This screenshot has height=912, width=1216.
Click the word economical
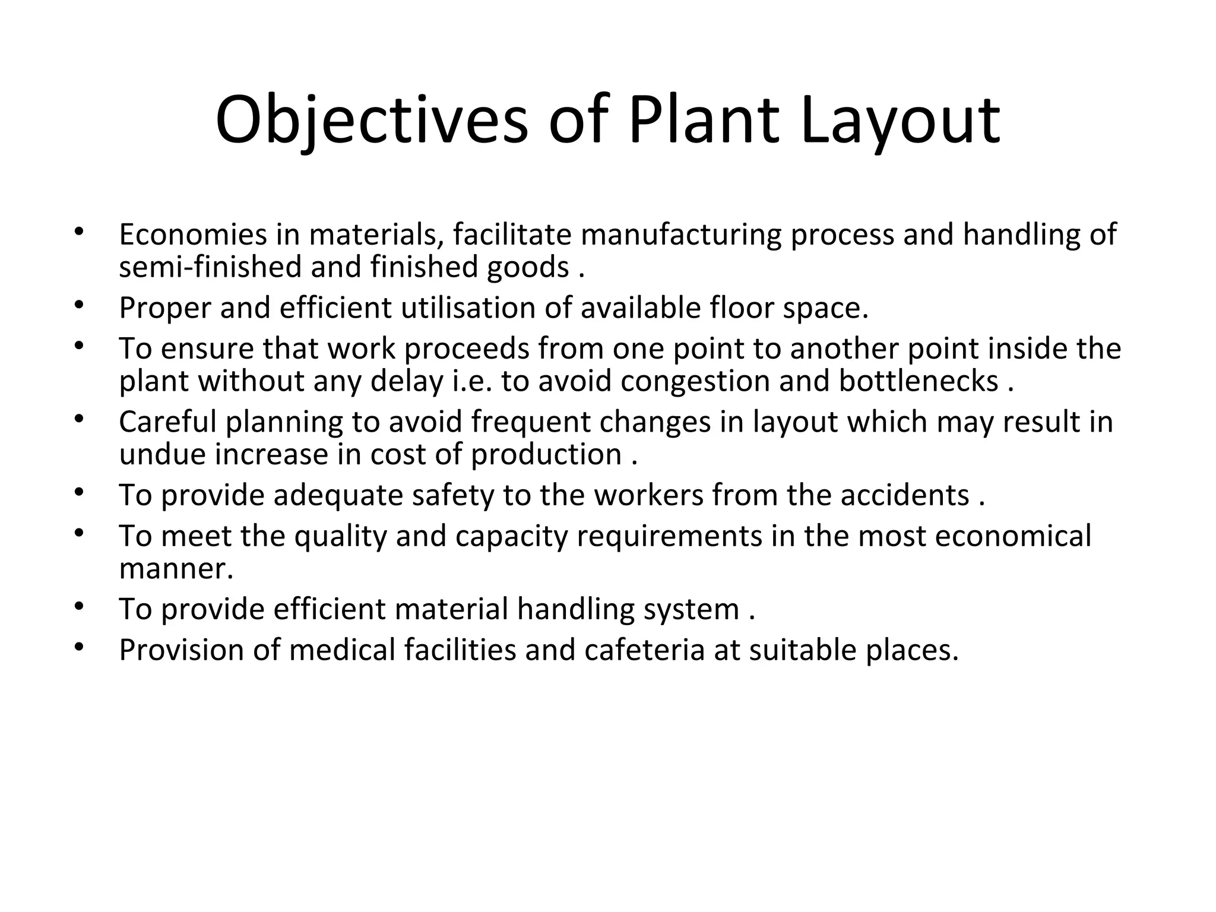1013,536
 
